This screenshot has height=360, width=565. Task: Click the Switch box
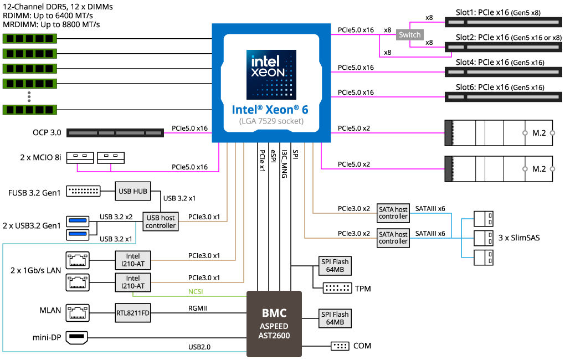pyautogui.click(x=410, y=35)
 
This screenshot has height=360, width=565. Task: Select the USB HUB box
pyautogui.click(x=132, y=191)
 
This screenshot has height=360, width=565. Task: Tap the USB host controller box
pyautogui.click(x=161, y=222)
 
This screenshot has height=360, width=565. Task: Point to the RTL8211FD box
pyautogui.click(x=133, y=313)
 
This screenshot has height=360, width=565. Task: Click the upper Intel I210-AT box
pyautogui.click(x=133, y=260)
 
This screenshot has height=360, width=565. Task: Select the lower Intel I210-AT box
pyautogui.click(x=133, y=282)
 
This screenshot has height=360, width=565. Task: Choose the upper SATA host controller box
pyautogui.click(x=393, y=213)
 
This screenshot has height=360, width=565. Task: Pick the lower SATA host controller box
pyautogui.click(x=393, y=238)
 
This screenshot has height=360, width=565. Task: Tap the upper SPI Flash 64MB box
pyautogui.click(x=335, y=266)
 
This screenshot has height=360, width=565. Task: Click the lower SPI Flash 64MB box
pyautogui.click(x=335, y=318)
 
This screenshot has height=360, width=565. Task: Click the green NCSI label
pyautogui.click(x=196, y=291)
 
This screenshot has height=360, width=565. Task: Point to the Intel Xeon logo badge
pyautogui.click(x=271, y=74)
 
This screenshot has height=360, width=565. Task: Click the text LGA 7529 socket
pyautogui.click(x=271, y=121)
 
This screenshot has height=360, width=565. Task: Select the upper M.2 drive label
pyautogui.click(x=539, y=133)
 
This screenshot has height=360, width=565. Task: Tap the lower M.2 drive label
pyautogui.click(x=539, y=169)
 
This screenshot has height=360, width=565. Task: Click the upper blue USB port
pyautogui.click(x=78, y=222)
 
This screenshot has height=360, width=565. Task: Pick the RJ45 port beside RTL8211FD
pyautogui.click(x=78, y=312)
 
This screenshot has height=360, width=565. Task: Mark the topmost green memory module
pyautogui.click(x=30, y=39)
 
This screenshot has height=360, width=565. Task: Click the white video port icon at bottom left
pyautogui.click(x=78, y=337)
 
